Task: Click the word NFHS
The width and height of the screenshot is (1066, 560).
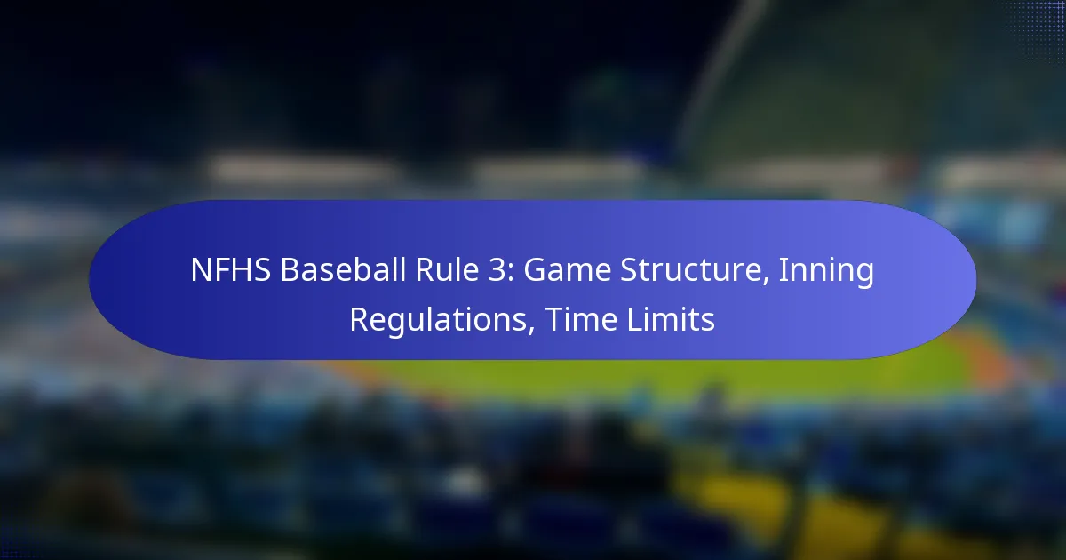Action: coord(231,270)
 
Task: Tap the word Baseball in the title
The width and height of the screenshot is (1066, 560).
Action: coord(343,270)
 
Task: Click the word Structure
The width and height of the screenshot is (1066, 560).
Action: coord(689,270)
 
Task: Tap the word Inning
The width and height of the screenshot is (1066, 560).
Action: coord(826,272)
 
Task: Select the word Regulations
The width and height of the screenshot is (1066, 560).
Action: coord(438,319)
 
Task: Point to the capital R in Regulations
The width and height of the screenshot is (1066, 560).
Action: coord(360,319)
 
